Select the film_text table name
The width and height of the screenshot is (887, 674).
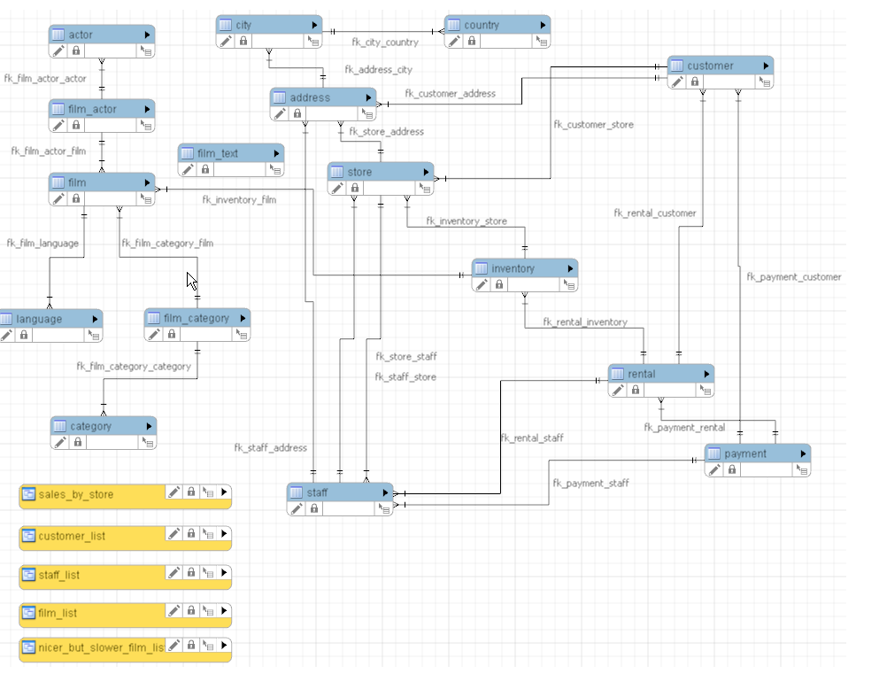218,153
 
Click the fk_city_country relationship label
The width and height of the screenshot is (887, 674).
385,43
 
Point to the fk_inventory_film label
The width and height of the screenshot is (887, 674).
239,200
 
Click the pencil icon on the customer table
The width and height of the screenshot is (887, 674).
677,81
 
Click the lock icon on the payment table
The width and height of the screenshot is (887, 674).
732,469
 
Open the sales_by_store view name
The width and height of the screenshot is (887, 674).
76,494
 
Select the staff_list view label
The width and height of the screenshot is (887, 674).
59,575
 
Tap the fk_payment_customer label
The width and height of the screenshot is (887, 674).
794,277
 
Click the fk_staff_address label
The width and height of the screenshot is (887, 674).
271,448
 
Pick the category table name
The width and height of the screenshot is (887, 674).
91,426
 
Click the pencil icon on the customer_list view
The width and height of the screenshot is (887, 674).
174,534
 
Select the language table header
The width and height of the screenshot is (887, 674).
39,319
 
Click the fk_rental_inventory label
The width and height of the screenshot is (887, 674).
585,322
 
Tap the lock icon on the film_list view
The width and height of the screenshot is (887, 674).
191,611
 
